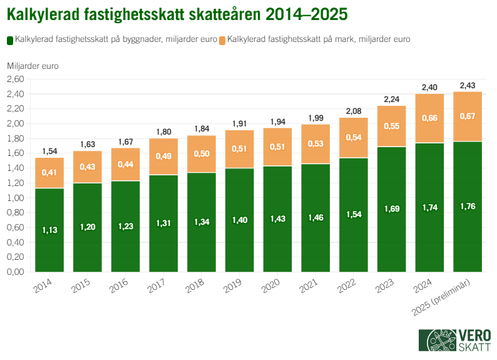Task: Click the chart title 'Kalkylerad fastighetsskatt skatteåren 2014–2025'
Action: (177, 13)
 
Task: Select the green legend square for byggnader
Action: (10, 40)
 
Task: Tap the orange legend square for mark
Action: (223, 40)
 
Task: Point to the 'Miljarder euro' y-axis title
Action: (33, 66)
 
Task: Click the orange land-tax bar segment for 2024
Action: (430, 118)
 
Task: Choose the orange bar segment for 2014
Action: (49, 173)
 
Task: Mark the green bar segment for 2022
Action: (354, 215)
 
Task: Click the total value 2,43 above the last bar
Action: (468, 85)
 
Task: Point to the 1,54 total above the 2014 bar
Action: (49, 151)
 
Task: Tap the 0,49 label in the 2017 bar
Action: (163, 157)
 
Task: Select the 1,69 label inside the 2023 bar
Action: (392, 208)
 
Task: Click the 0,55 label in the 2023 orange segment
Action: (392, 126)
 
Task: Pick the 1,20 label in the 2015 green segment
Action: (88, 227)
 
